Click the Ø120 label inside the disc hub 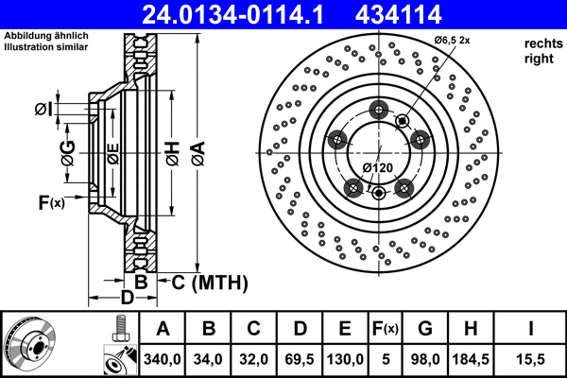click(378, 168)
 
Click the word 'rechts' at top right click(542, 43)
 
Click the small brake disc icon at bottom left click(30, 345)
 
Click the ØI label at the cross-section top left click(43, 110)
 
